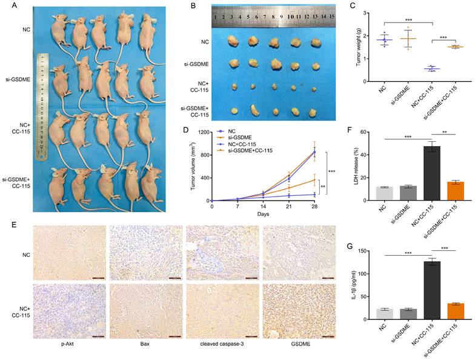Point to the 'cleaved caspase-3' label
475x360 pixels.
[x=222, y=349]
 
